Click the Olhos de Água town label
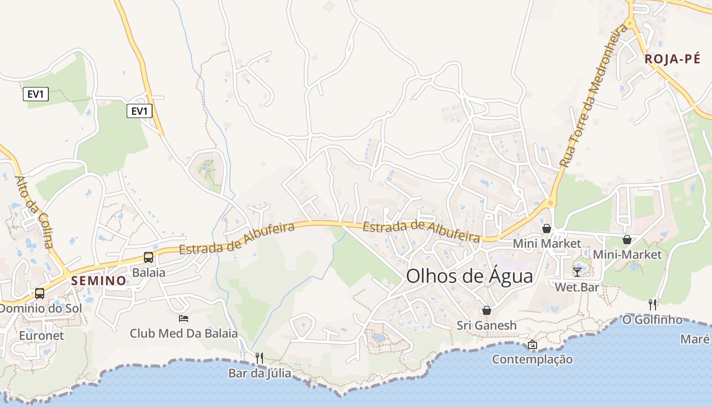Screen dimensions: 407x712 (469, 276)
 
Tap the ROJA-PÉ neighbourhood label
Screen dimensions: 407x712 (672, 59)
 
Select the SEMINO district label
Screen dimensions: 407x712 (99, 280)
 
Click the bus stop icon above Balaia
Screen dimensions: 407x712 (149, 257)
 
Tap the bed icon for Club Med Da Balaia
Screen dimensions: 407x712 (184, 318)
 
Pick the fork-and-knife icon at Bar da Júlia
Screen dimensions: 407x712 (259, 358)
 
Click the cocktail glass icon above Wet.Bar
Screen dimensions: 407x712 (577, 272)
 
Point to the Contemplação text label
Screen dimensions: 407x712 (532, 359)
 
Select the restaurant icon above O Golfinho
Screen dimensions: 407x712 (652, 305)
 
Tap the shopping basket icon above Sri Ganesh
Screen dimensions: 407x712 (486, 310)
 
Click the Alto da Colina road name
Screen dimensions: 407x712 (34, 212)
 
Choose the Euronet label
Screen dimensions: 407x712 (42, 335)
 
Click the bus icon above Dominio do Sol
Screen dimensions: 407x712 (40, 294)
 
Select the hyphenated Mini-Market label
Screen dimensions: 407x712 (627, 254)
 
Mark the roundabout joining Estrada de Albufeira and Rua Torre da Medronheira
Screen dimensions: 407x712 (550, 202)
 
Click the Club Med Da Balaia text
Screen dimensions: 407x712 (184, 333)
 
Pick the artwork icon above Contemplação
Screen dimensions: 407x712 (532, 344)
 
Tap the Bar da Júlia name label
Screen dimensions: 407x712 (259, 373)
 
